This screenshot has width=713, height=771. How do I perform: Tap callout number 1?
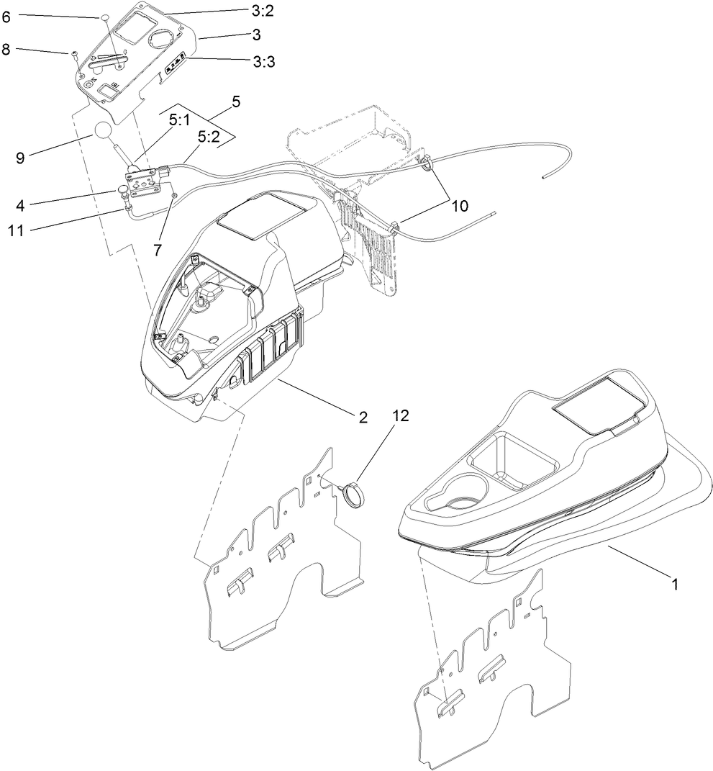675,585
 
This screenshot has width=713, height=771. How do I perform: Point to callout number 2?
363,417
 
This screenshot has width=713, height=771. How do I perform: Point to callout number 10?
459,205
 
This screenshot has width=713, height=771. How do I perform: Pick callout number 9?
20,158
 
